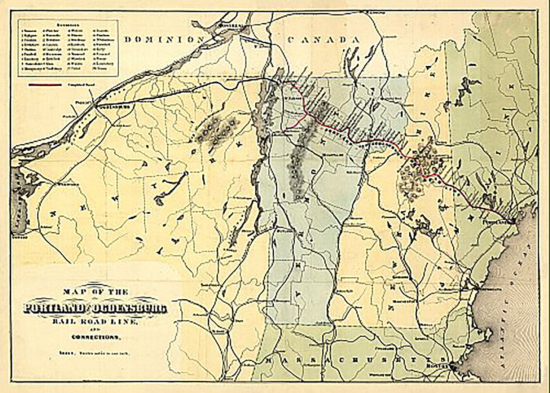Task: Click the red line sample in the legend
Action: click(44, 83)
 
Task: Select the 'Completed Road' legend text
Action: click(79, 83)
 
